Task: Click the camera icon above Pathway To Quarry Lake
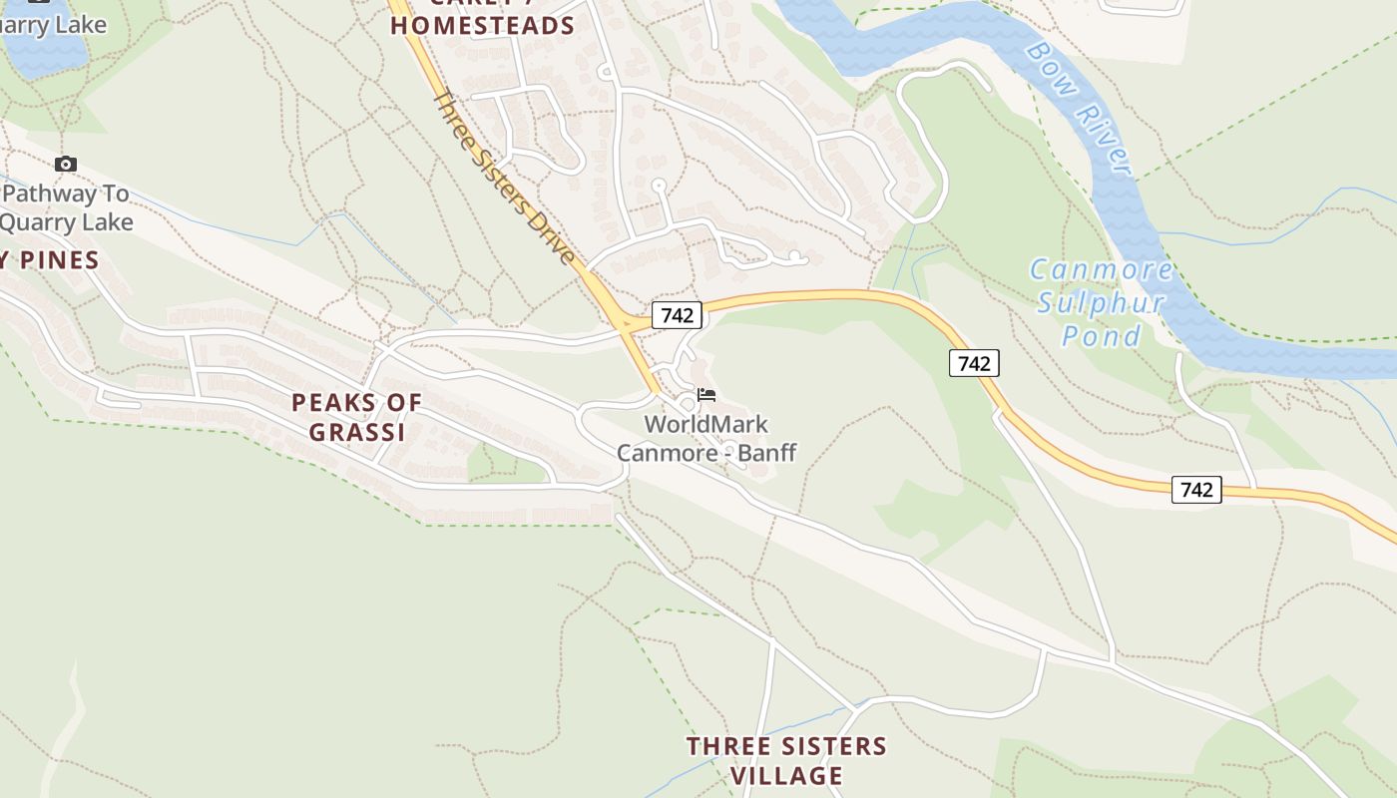pos(66,165)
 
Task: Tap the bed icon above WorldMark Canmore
pos(706,395)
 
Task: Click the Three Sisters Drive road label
pos(505,180)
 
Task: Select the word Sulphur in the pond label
pos(1101,303)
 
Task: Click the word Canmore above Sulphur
pos(1101,270)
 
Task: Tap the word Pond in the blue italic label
pos(1101,336)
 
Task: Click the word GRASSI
pos(356,432)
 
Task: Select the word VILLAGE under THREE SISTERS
pos(786,775)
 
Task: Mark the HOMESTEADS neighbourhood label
pos(482,26)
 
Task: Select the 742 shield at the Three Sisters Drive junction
pos(677,315)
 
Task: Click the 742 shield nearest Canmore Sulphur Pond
pos(973,363)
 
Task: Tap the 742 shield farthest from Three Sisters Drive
pos(1195,489)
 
